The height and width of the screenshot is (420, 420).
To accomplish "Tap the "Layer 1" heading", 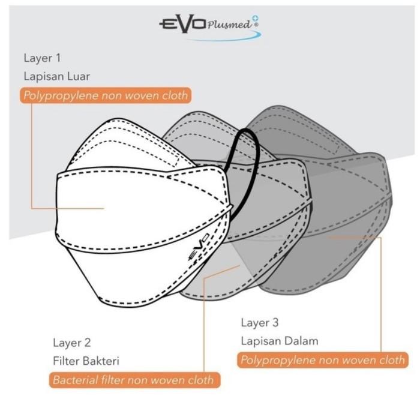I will pyautogui.click(x=42, y=58).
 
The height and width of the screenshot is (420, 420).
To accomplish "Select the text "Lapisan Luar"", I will pyautogui.click(x=57, y=77).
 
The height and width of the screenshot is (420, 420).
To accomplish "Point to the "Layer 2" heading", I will pyautogui.click(x=71, y=343).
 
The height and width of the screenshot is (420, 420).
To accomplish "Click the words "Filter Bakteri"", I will pyautogui.click(x=86, y=362).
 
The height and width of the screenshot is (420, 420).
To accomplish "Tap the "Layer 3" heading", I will pyautogui.click(x=260, y=323).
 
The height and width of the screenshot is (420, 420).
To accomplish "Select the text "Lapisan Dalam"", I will pyautogui.click(x=280, y=341).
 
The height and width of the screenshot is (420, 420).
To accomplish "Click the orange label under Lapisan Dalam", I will pyautogui.click(x=322, y=360).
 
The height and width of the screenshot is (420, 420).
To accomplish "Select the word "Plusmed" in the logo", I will pyautogui.click(x=230, y=25).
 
